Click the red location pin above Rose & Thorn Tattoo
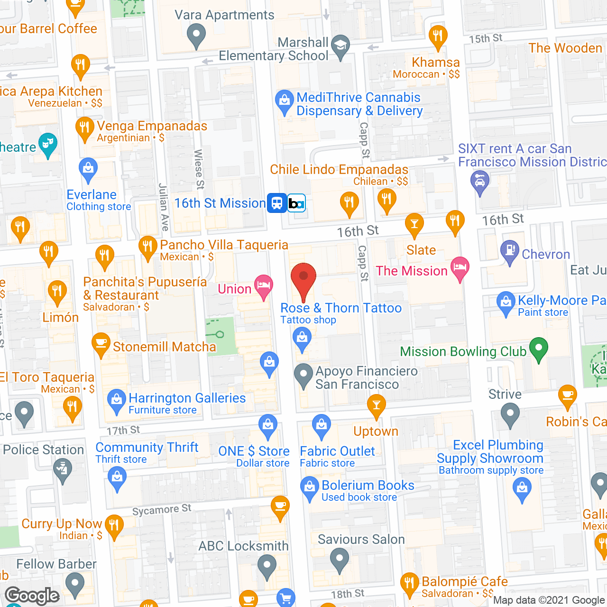(x=303, y=280)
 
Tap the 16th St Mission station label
(x=220, y=203)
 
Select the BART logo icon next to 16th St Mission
(x=297, y=203)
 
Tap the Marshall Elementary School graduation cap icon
(x=340, y=46)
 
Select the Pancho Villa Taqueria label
(x=224, y=245)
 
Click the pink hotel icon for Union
(x=263, y=285)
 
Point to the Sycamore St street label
(x=162, y=510)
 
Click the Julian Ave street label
(x=164, y=207)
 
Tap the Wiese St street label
(x=199, y=169)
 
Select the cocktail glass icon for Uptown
(x=377, y=406)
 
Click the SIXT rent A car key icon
(x=480, y=182)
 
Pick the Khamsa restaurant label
(x=435, y=63)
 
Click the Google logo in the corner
(x=32, y=596)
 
